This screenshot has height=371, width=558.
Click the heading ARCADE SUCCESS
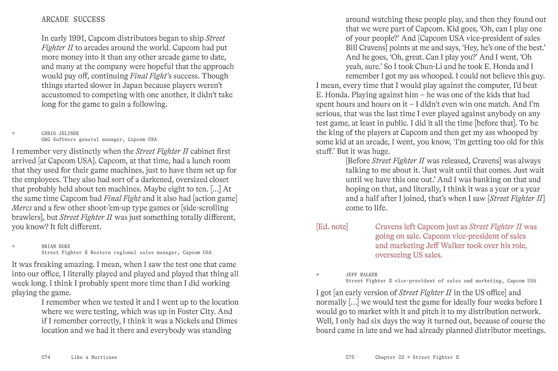(73, 19)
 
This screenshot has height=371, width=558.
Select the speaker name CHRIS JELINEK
(60, 133)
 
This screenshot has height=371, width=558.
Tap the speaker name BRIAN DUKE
(56, 246)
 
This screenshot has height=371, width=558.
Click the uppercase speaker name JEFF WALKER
(362, 275)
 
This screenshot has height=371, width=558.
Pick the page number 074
(46, 357)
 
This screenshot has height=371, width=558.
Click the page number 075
(350, 357)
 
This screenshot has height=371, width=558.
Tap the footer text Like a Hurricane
(94, 357)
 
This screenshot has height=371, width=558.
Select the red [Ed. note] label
(332, 227)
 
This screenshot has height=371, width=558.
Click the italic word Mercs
(22, 208)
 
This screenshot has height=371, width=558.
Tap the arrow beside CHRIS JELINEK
(13, 133)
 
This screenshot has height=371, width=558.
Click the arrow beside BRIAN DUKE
(13, 246)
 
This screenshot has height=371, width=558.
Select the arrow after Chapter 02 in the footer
(408, 357)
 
